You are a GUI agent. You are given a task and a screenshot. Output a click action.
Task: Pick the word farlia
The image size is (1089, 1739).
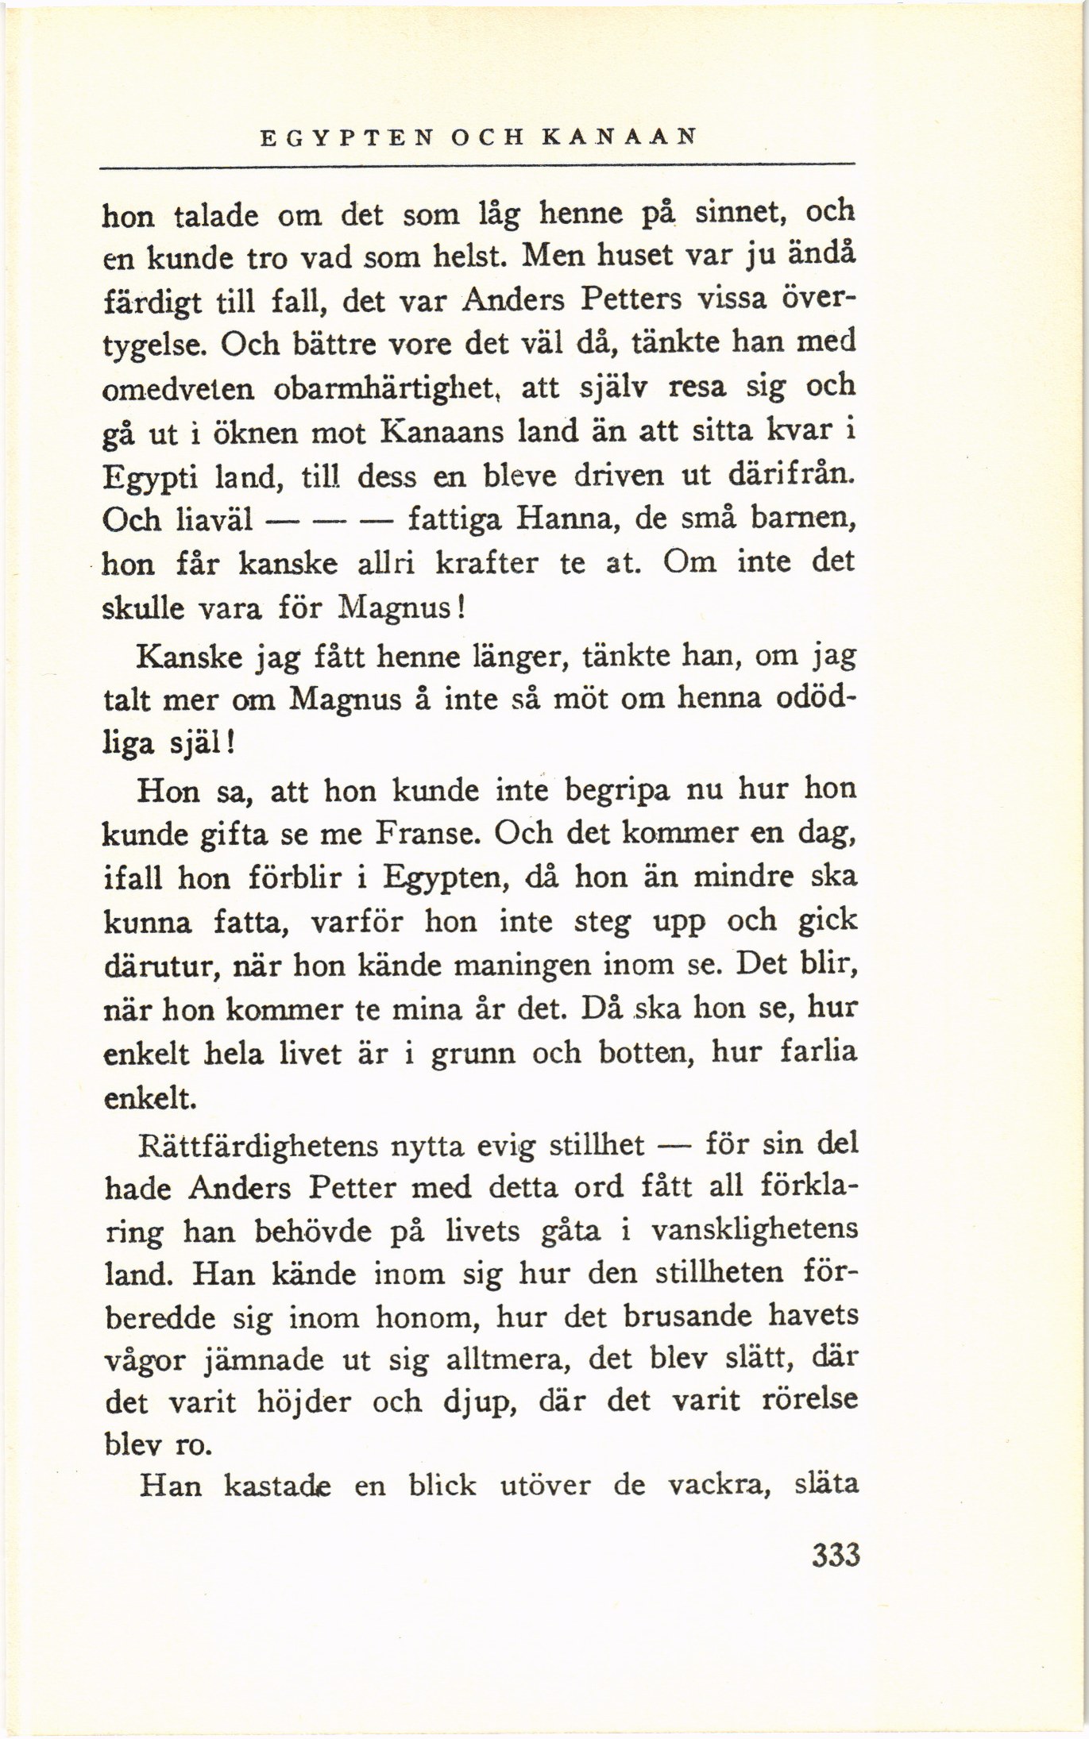click(819, 1054)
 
